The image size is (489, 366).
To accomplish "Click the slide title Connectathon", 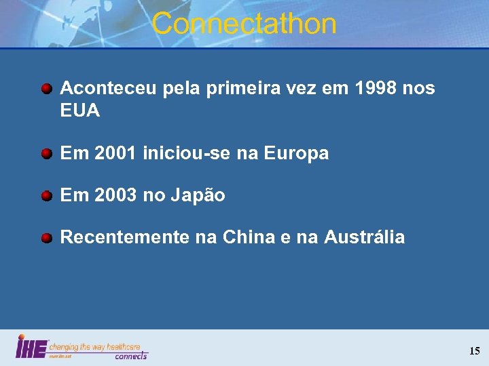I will (244, 24).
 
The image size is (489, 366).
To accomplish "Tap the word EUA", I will (80, 110).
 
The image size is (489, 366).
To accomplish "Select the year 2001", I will (114, 154).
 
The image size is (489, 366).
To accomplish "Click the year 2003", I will (114, 196).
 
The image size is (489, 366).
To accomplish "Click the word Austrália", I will (365, 238).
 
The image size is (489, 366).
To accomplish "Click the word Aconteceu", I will (109, 88).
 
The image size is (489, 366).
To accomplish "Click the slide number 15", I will (474, 351).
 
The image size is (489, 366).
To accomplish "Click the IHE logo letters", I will (31, 347).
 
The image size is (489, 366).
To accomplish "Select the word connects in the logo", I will (130, 355).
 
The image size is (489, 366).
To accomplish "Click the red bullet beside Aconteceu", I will (47, 88).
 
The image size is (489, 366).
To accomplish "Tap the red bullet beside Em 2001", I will (47, 154).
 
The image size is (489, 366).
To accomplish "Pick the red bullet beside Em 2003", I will (47, 196).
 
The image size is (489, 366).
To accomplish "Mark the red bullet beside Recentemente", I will (47, 238).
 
